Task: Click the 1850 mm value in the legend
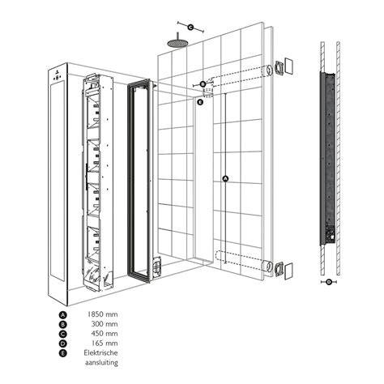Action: tap(102, 314)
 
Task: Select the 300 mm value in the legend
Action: tap(105, 324)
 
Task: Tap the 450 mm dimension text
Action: tap(105, 334)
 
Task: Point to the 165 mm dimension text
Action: tap(105, 343)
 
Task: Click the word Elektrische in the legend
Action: tap(100, 352)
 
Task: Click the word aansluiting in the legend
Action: tap(101, 362)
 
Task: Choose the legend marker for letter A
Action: tap(62, 315)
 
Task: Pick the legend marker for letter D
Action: tap(62, 343)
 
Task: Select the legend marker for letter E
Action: tap(62, 353)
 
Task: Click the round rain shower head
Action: tap(177, 43)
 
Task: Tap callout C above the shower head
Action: tap(190, 28)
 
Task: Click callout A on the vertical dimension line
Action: tap(225, 178)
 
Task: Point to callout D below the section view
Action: tap(329, 282)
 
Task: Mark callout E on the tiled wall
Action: tap(200, 102)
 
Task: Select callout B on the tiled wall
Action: tap(203, 84)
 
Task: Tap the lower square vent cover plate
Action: tap(288, 271)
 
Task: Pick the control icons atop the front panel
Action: tap(57, 76)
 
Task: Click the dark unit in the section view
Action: tap(327, 158)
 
